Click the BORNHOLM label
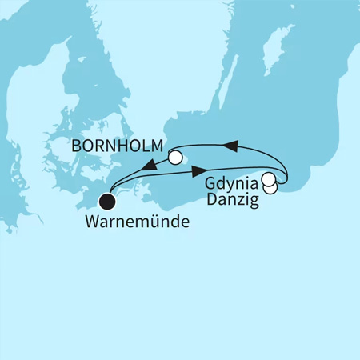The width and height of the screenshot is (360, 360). tap(118, 147)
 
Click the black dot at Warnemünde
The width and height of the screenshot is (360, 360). tap(106, 203)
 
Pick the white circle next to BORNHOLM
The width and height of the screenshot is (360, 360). tap(175, 158)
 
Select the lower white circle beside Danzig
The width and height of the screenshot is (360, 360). tap(272, 187)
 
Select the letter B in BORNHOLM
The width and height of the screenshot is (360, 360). tap(77, 147)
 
